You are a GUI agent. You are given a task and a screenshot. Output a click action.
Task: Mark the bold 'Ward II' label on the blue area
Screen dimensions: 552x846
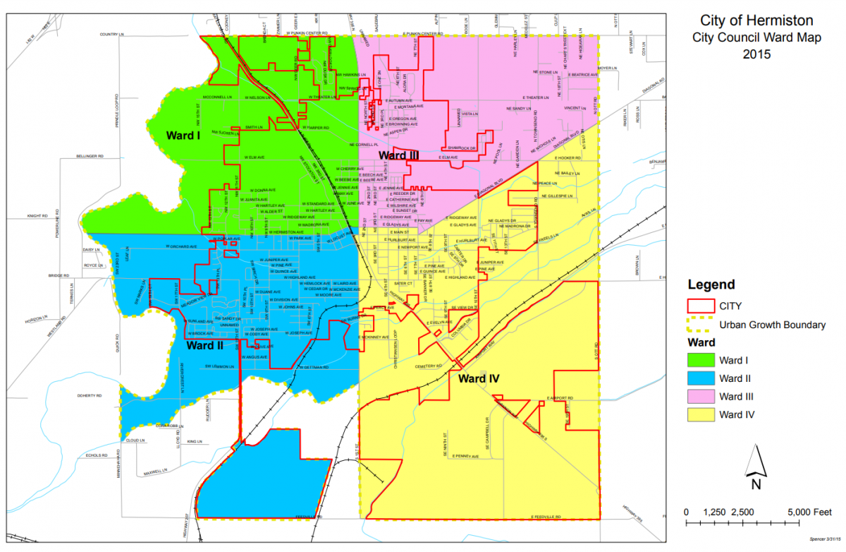click(x=205, y=346)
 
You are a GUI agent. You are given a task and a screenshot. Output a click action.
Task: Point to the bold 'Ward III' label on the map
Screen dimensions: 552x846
click(x=399, y=155)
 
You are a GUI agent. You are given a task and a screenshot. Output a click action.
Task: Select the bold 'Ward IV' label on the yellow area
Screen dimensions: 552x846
click(x=479, y=379)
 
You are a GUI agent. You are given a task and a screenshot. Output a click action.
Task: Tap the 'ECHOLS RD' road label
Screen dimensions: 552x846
click(x=94, y=455)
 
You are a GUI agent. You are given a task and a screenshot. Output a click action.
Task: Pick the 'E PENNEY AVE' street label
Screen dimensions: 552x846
click(x=465, y=456)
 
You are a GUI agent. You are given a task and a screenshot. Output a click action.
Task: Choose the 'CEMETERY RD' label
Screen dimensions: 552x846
click(x=429, y=366)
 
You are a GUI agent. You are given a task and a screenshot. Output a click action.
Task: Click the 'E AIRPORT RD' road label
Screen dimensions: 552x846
click(x=561, y=398)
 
